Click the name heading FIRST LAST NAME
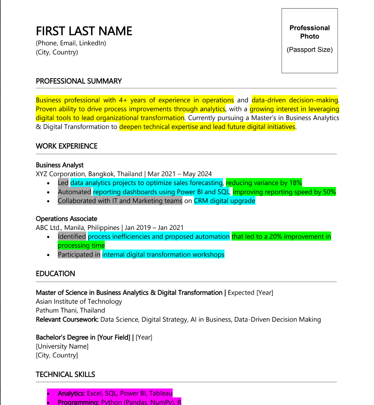[84, 31]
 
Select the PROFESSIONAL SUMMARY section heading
[79, 81]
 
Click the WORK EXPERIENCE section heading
[66, 146]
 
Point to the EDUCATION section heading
[55, 274]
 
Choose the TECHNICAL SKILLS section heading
[65, 374]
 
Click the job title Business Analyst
[60, 165]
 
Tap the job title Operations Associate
[66, 219]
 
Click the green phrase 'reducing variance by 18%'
[264, 183]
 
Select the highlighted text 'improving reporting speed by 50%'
[284, 192]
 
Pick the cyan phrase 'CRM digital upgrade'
[224, 201]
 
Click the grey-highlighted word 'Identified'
[72, 237]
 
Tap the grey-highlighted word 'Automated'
[74, 192]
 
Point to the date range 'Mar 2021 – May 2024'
[180, 174]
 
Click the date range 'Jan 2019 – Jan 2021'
[154, 228]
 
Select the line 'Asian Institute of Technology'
[79, 302]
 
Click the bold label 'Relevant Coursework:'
[67, 320]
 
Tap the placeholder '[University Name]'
[62, 346]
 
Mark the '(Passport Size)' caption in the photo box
[309, 50]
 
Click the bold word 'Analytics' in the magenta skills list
[71, 393]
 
